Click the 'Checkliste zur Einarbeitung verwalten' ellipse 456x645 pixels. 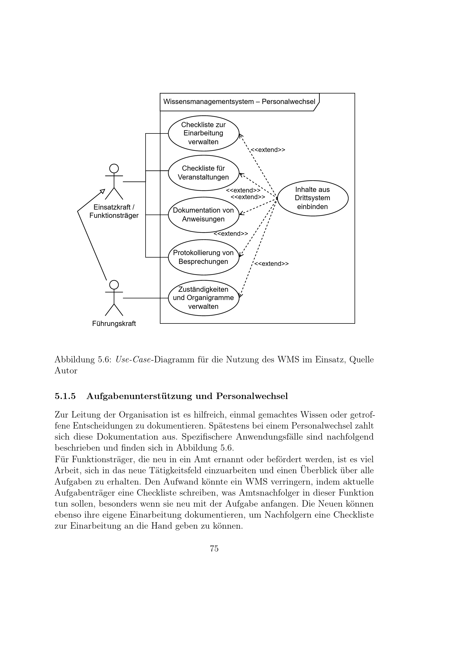203,133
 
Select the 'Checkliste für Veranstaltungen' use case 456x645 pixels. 203,173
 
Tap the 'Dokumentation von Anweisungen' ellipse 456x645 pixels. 203,215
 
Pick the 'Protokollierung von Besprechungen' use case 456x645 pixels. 203,257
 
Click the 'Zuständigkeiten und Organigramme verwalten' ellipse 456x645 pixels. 203,298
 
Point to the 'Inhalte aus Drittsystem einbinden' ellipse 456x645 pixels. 313,198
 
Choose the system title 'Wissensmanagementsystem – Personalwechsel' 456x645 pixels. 239,102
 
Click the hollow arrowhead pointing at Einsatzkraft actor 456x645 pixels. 103,191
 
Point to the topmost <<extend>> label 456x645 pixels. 268,150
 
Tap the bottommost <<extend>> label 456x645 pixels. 271,264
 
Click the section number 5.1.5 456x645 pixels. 65,396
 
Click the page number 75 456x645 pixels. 214,549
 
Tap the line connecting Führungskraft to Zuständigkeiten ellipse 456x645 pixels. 146,298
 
